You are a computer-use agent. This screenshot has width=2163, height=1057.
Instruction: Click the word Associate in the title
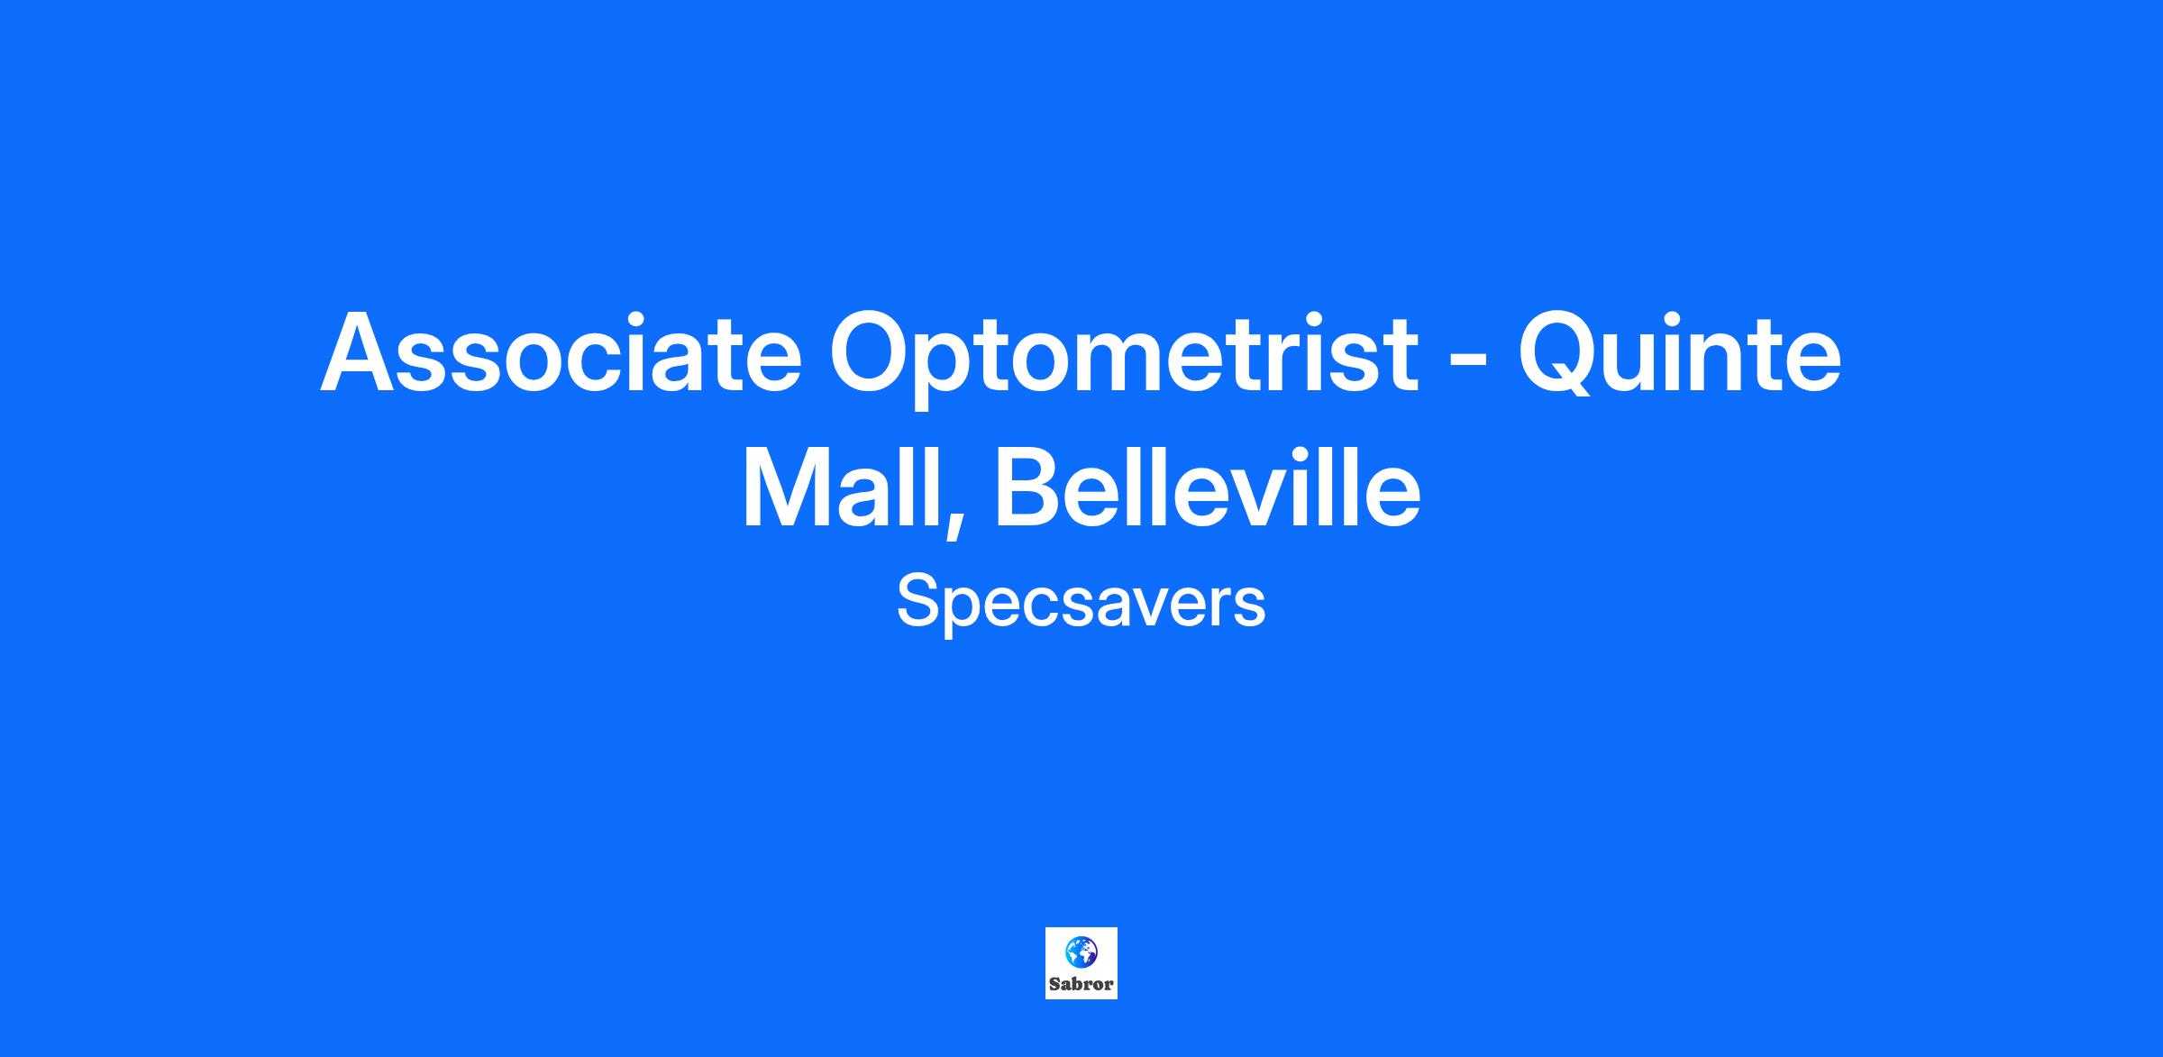pyautogui.click(x=561, y=352)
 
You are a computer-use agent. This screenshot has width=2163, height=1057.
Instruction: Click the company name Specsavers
pyautogui.click(x=1081, y=603)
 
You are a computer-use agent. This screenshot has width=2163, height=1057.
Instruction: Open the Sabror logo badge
pyautogui.click(x=1081, y=963)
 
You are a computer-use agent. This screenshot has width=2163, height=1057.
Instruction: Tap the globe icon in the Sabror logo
pyautogui.click(x=1081, y=951)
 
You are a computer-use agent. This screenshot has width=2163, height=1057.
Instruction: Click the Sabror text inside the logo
pyautogui.click(x=1081, y=984)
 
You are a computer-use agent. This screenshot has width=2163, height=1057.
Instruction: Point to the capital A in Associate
pyautogui.click(x=361, y=352)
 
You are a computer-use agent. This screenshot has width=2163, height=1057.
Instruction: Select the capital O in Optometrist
pyautogui.click(x=872, y=352)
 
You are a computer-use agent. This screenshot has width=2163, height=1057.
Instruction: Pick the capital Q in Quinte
pyautogui.click(x=1561, y=357)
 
